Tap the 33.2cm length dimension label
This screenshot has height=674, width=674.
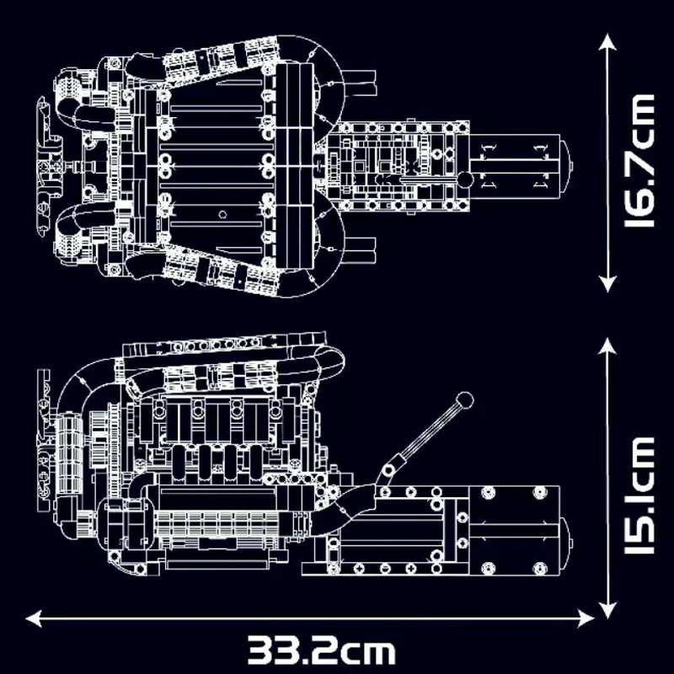click(321, 650)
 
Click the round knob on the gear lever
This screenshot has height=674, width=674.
click(463, 399)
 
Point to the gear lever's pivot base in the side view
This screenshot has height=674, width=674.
click(389, 468)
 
